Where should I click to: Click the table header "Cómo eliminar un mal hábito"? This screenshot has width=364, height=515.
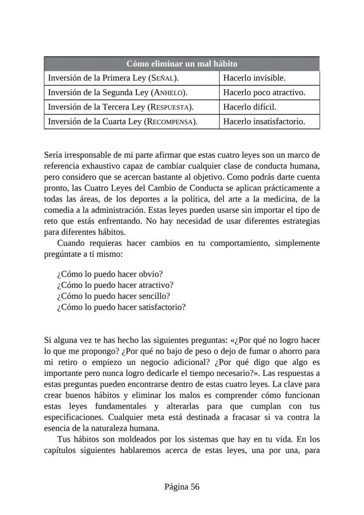(182, 64)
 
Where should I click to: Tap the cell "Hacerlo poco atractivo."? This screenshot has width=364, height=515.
(264, 93)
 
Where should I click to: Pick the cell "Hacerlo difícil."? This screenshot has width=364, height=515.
(249, 107)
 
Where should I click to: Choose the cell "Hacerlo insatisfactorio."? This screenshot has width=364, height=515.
(264, 121)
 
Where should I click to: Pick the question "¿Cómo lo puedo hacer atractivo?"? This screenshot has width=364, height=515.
(115, 285)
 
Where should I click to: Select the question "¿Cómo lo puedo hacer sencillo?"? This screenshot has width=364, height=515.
(113, 296)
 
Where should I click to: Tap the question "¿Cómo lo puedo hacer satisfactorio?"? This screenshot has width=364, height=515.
(121, 307)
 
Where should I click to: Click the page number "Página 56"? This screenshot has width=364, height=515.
(182, 486)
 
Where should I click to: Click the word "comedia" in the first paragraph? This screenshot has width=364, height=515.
(58, 210)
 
